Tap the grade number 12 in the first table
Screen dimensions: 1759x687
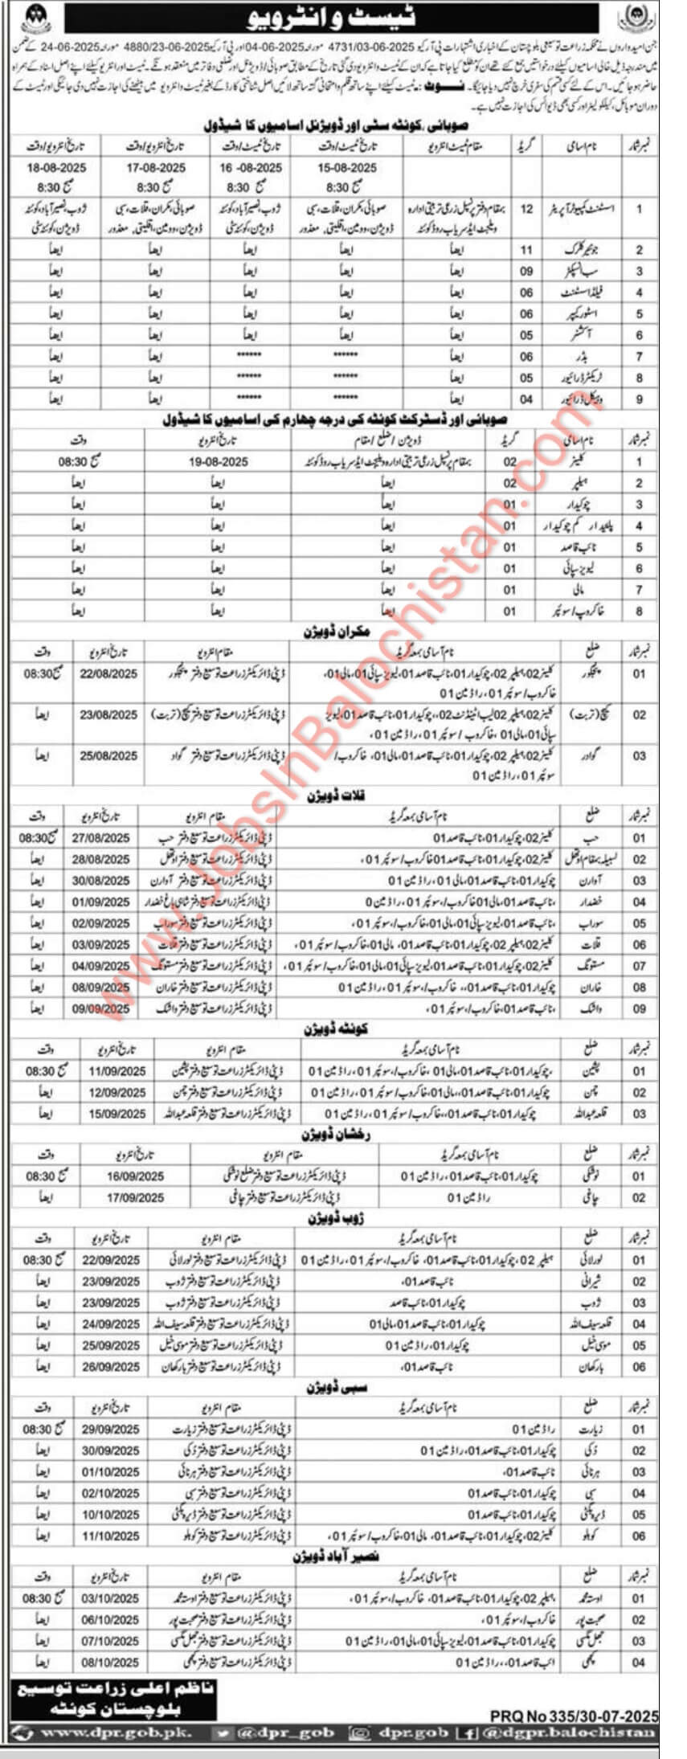click(x=526, y=208)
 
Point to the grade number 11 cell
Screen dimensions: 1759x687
click(x=526, y=250)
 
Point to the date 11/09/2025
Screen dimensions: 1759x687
click(x=117, y=1071)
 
